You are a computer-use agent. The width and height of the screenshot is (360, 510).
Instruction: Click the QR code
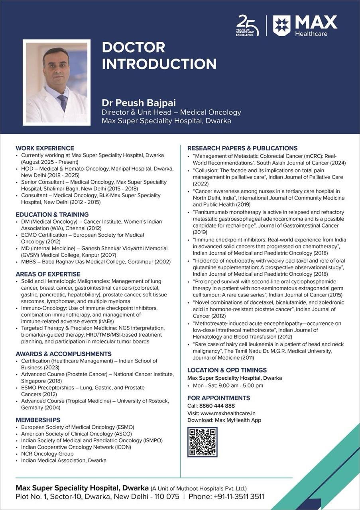pyautogui.click(x=202, y=442)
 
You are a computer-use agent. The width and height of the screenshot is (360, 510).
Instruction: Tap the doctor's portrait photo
pyautogui.click(x=56, y=82)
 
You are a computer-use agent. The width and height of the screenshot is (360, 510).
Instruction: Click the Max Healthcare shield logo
pyautogui.click(x=281, y=25)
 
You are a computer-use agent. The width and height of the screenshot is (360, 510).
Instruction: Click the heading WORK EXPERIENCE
pyautogui.click(x=45, y=148)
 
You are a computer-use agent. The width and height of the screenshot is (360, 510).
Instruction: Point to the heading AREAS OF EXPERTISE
pyautogui.click(x=48, y=274)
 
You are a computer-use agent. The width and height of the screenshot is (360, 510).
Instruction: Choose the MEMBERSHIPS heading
pyautogui.click(x=38, y=420)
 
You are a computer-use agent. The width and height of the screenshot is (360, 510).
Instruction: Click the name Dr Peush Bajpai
pyautogui.click(x=139, y=103)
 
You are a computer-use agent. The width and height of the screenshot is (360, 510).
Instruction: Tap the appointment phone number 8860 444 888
pyautogui.click(x=217, y=406)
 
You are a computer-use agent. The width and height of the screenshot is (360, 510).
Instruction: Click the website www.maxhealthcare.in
pyautogui.click(x=228, y=413)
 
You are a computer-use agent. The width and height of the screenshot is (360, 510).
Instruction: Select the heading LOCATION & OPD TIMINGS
pyautogui.click(x=227, y=370)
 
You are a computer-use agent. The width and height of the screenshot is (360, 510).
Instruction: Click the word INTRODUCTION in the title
pyautogui.click(x=159, y=64)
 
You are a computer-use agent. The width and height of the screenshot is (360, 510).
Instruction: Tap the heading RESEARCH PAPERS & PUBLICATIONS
pyautogui.click(x=242, y=148)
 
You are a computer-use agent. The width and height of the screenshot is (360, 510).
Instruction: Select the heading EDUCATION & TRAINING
pyautogui.click(x=52, y=214)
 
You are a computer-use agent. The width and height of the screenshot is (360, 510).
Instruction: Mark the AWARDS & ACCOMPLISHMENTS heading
pyautogui.click(x=63, y=354)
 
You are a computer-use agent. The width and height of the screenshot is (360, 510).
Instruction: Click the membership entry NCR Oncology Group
pyautogui.click(x=47, y=453)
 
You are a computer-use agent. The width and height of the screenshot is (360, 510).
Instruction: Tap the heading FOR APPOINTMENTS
pyautogui.click(x=218, y=398)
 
